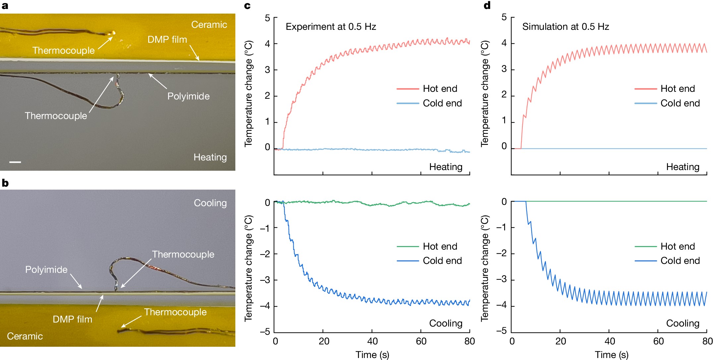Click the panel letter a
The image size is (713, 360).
coord(5,6)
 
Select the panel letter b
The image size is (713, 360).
coord(5,183)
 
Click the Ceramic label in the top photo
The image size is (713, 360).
coord(209,25)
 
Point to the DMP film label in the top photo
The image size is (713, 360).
coord(167,39)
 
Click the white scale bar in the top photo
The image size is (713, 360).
coord(15,162)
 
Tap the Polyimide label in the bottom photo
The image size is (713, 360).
coord(46,270)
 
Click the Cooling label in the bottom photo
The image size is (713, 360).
coord(210,203)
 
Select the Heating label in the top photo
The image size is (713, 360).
coord(210,157)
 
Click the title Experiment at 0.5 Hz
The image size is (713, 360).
coord(330,27)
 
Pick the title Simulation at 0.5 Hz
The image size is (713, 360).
coord(565,27)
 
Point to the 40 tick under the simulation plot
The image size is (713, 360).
coord(610,341)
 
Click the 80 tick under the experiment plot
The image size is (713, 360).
coord(469,341)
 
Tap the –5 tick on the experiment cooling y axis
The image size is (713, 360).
coord(265,331)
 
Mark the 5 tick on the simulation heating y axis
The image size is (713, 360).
coord(504,17)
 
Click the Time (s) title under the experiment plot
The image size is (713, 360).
coord(372,355)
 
